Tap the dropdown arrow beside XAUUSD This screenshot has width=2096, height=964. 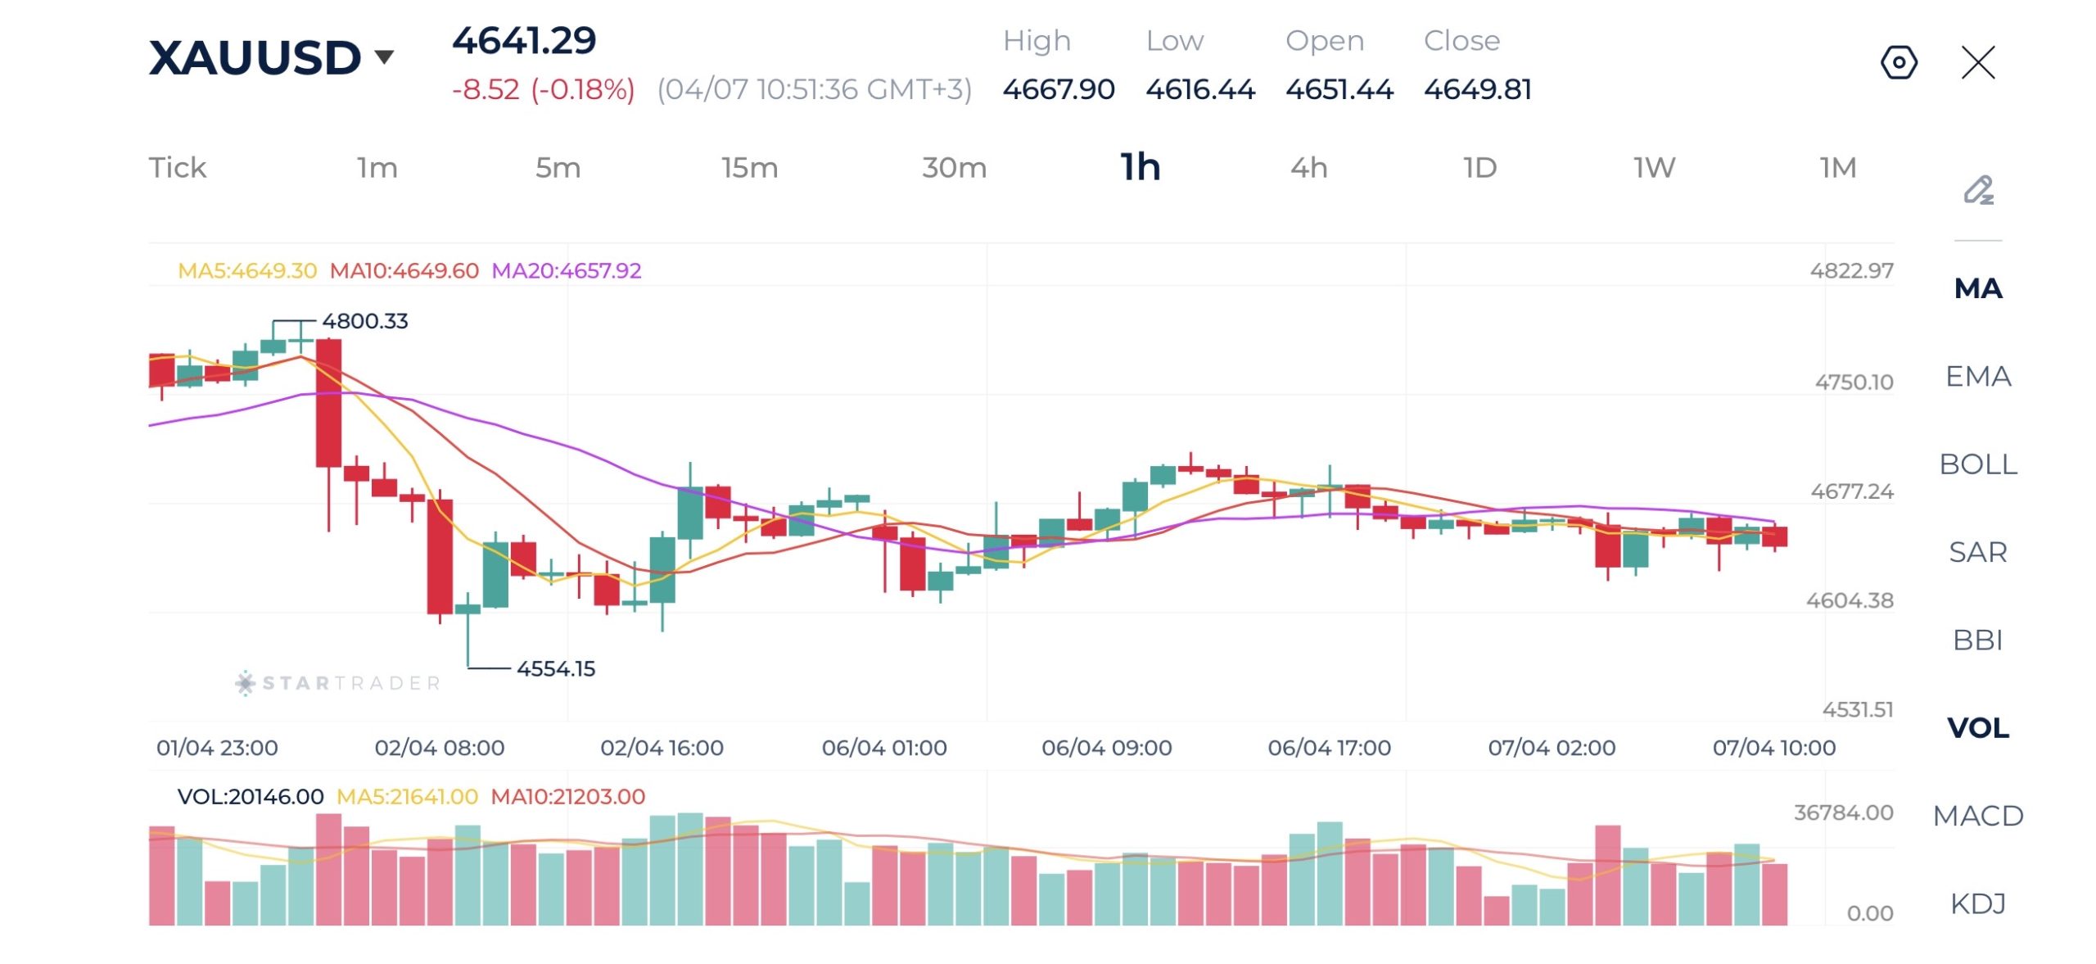(x=384, y=57)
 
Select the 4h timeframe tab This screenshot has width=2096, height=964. (x=1308, y=168)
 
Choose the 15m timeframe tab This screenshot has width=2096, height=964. (x=749, y=168)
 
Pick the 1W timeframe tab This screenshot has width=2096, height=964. (x=1654, y=168)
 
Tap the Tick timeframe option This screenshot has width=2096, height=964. (x=178, y=168)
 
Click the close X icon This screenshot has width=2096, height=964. (x=1978, y=62)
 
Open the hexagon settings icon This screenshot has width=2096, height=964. (x=1899, y=62)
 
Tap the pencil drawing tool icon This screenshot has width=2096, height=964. (x=1978, y=190)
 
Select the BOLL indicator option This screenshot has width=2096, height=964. (x=1978, y=464)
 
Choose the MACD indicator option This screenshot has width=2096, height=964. (x=1978, y=816)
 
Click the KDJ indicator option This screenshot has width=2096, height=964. (x=1978, y=903)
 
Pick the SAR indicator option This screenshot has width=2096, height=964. (x=1978, y=552)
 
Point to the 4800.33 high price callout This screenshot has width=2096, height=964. (x=365, y=321)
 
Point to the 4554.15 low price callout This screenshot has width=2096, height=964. (x=556, y=669)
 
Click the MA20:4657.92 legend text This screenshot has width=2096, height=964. (x=567, y=271)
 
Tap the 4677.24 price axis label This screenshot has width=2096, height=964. (x=1852, y=491)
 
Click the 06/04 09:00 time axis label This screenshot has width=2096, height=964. (x=1106, y=748)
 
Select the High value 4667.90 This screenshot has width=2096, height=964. (x=1059, y=89)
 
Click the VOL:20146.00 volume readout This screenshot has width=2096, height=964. (x=251, y=797)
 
